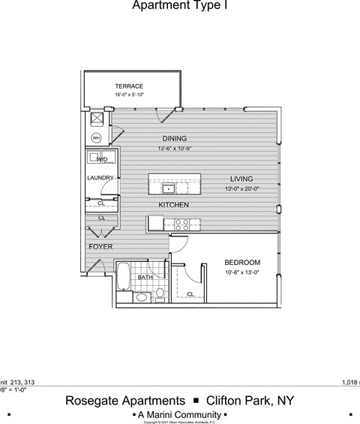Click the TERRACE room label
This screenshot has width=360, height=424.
click(x=129, y=86)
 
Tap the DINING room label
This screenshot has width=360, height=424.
click(x=175, y=139)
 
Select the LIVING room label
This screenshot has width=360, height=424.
click(x=241, y=179)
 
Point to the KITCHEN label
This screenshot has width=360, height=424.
click(x=173, y=205)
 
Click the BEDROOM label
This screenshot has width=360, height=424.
click(x=242, y=262)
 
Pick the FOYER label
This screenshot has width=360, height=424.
click(x=100, y=246)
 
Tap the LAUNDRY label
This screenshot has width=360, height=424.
click(x=100, y=178)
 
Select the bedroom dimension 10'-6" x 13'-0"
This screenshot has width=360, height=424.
click(x=242, y=272)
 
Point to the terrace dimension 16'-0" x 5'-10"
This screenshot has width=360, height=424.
click(x=129, y=95)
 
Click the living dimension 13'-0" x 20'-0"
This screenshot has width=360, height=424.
click(x=241, y=189)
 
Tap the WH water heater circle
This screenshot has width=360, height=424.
click(x=97, y=138)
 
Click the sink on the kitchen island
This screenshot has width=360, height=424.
click(x=169, y=187)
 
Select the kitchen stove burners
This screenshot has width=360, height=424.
click(x=181, y=223)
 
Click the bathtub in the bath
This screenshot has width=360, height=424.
click(x=124, y=276)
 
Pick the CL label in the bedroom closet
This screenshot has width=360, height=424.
click(x=190, y=294)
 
